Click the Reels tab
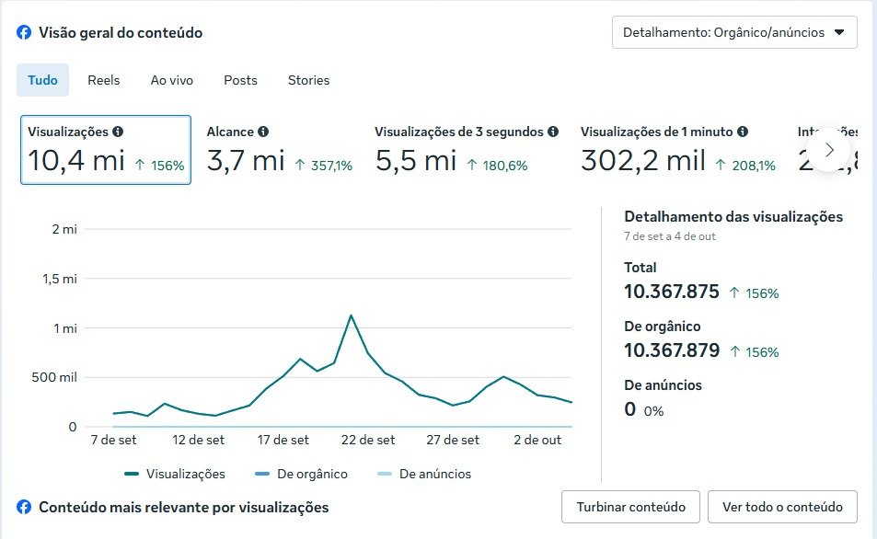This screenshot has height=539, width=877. tap(103, 80)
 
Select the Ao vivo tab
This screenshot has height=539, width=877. tap(171, 80)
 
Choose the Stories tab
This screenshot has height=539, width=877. tap(308, 80)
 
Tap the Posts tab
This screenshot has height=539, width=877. tap(240, 80)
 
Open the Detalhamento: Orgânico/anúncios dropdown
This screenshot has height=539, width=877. tap(734, 32)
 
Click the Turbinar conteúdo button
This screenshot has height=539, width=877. tap(630, 507)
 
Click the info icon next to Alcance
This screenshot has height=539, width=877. tap(263, 132)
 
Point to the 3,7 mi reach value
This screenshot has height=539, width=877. tap(246, 162)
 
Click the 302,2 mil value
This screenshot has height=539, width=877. tap(643, 162)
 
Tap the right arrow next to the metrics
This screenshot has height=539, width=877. tap(830, 149)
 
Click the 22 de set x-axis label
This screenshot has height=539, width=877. tap(368, 441)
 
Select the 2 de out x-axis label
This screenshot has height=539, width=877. tap(537, 441)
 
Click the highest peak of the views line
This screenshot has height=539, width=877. tap(351, 315)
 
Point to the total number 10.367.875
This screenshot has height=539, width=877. tap(671, 292)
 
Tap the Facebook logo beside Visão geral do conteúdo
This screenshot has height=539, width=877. tap(24, 33)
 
